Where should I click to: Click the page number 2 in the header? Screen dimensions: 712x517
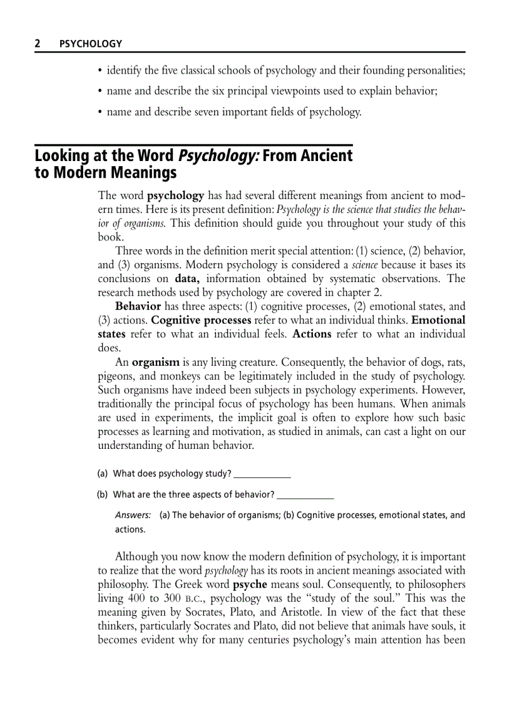(x=37, y=44)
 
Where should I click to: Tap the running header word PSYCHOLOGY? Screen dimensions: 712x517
(x=90, y=44)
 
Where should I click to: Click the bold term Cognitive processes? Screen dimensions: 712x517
(x=201, y=320)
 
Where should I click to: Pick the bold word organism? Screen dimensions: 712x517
(x=156, y=363)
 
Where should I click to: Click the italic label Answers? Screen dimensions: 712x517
(x=132, y=515)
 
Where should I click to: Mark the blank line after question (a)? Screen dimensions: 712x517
(x=262, y=474)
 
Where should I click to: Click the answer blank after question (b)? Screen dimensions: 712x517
(x=306, y=495)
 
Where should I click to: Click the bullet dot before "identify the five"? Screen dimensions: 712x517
(x=100, y=71)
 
